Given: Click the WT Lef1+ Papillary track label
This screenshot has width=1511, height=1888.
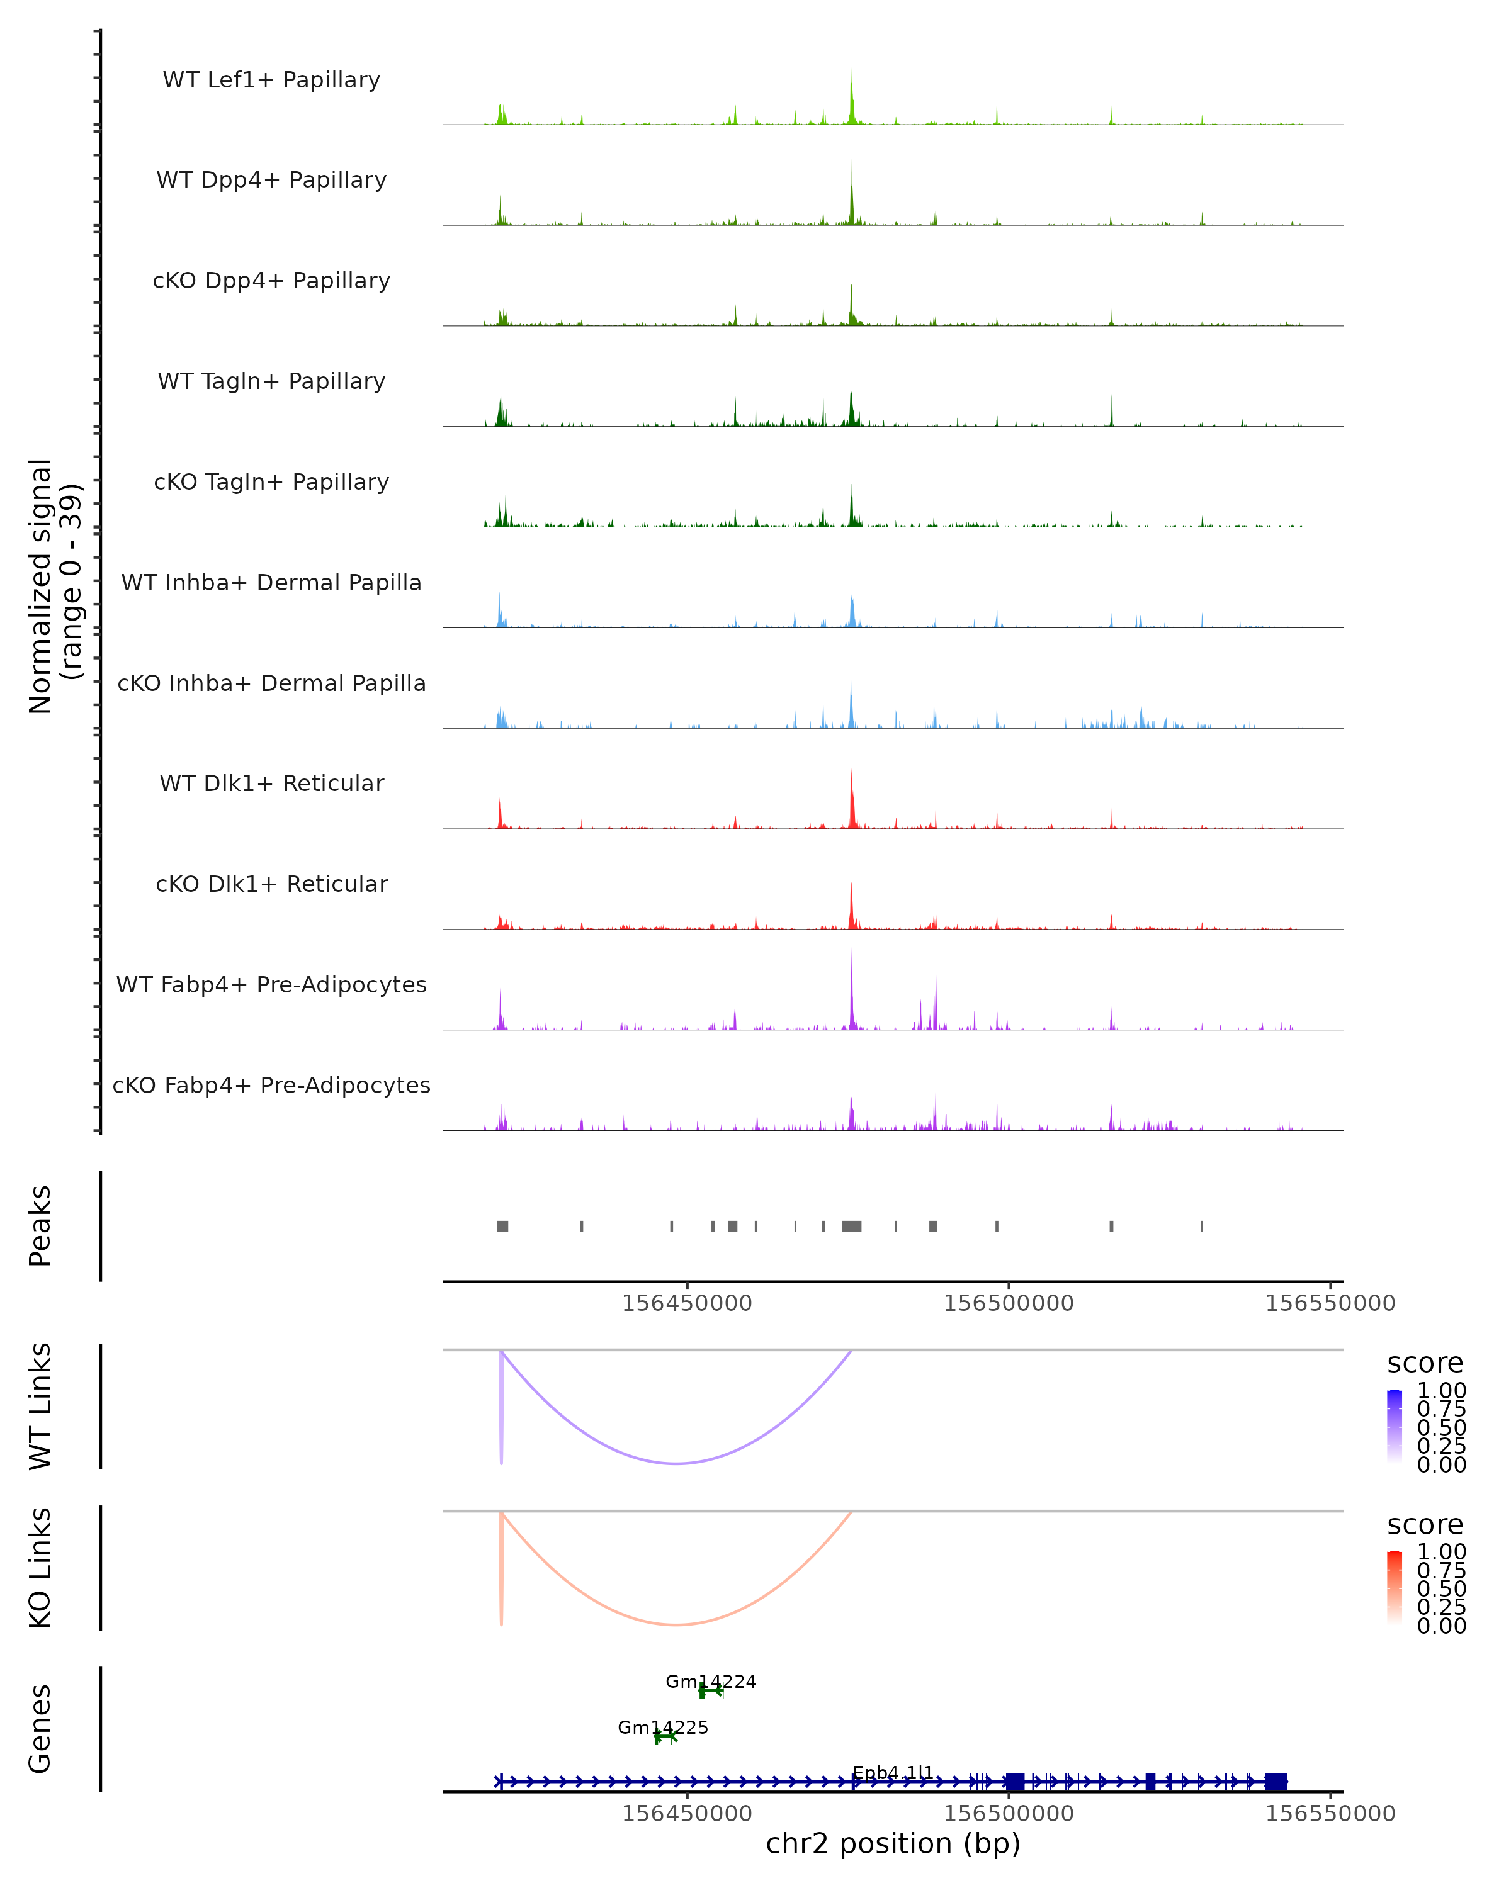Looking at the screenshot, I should pyautogui.click(x=271, y=80).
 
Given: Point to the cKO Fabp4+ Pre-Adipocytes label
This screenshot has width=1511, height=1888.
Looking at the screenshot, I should pyautogui.click(x=271, y=1085).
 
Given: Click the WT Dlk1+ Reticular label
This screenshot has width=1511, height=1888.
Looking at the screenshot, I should pyautogui.click(x=271, y=783).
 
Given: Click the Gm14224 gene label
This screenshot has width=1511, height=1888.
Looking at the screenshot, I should pyautogui.click(x=710, y=1682).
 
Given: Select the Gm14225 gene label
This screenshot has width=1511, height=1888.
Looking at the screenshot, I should pyautogui.click(x=662, y=1728).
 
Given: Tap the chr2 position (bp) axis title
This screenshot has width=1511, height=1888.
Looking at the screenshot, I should pyautogui.click(x=893, y=1844).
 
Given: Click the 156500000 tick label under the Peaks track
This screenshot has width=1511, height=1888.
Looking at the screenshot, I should pyautogui.click(x=1008, y=1303).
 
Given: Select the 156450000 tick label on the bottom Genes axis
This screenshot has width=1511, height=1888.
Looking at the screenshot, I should pyautogui.click(x=687, y=1814).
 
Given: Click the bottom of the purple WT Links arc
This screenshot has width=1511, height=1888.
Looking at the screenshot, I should pyautogui.click(x=676, y=1463).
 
